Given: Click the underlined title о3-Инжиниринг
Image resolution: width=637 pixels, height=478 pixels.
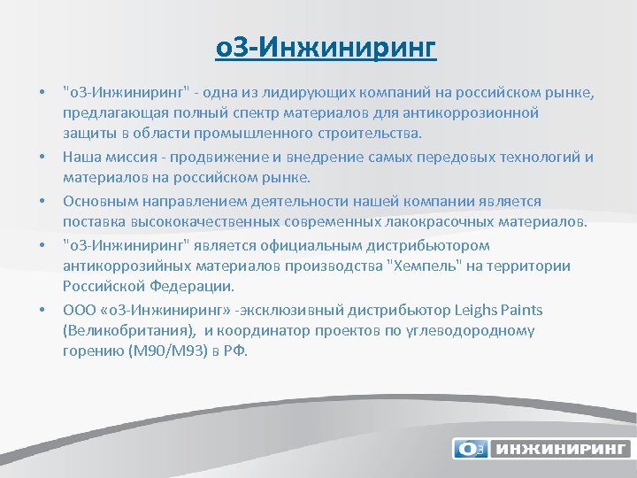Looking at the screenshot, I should pyautogui.click(x=326, y=47).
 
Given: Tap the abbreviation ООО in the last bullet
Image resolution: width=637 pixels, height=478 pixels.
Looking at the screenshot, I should pyautogui.click(x=77, y=309).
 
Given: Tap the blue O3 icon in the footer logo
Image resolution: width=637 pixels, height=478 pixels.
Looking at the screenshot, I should pyautogui.click(x=470, y=449).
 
